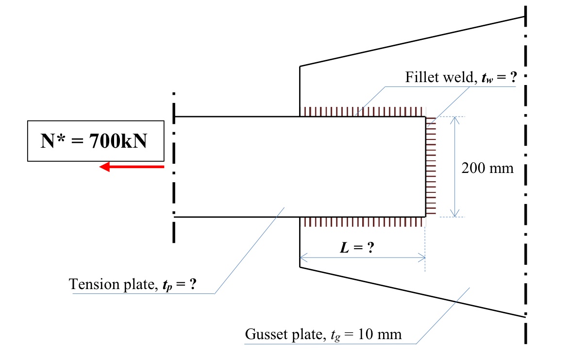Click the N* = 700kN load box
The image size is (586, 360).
coord(95,141)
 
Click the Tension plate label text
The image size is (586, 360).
coord(112,284)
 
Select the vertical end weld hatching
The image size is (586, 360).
coord(431,167)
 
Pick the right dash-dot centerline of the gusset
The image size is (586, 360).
coord(525,194)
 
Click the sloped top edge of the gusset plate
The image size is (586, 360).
coord(413,41)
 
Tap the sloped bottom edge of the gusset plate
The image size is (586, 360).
coord(413,291)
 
